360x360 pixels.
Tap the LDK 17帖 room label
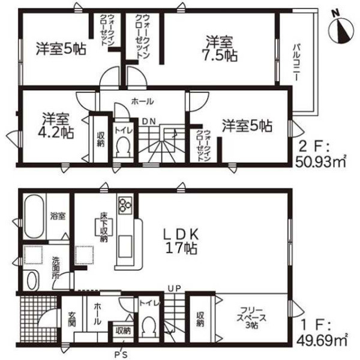[181, 241]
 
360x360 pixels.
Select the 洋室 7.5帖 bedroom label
[220, 49]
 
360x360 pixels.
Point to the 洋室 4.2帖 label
[55, 125]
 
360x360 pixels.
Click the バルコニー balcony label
[296, 62]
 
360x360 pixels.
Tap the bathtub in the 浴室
[34, 217]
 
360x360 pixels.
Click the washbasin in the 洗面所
[32, 280]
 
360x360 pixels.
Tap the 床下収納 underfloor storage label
[104, 227]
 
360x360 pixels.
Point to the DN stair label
[149, 121]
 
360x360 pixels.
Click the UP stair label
[174, 289]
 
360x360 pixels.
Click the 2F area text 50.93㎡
[320, 162]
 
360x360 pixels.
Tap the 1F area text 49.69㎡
[322, 340]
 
